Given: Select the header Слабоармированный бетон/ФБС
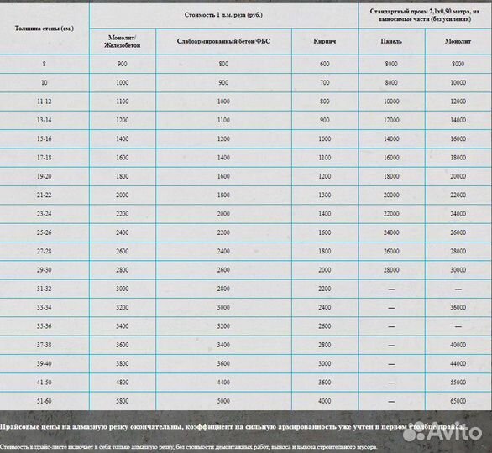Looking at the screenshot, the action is pos(222,41).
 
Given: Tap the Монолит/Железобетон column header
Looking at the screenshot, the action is pos(122,41).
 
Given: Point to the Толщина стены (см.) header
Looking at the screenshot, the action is pos(44,29).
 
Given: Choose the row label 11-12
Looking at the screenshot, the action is pos(44,101).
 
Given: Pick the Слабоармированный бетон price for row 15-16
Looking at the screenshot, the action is pos(222,138).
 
